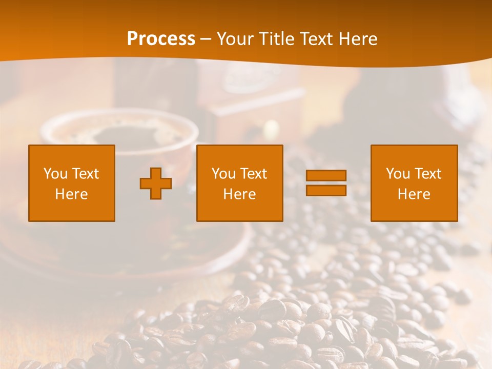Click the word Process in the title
tap(161, 39)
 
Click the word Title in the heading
tap(277, 39)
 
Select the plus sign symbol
tap(156, 183)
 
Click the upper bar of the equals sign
tap(326, 176)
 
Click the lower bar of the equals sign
tap(326, 191)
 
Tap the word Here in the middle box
tap(239, 194)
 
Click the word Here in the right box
tap(414, 194)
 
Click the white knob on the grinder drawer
tap(270, 128)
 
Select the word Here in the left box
tap(72, 194)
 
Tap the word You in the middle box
tap(223, 174)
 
